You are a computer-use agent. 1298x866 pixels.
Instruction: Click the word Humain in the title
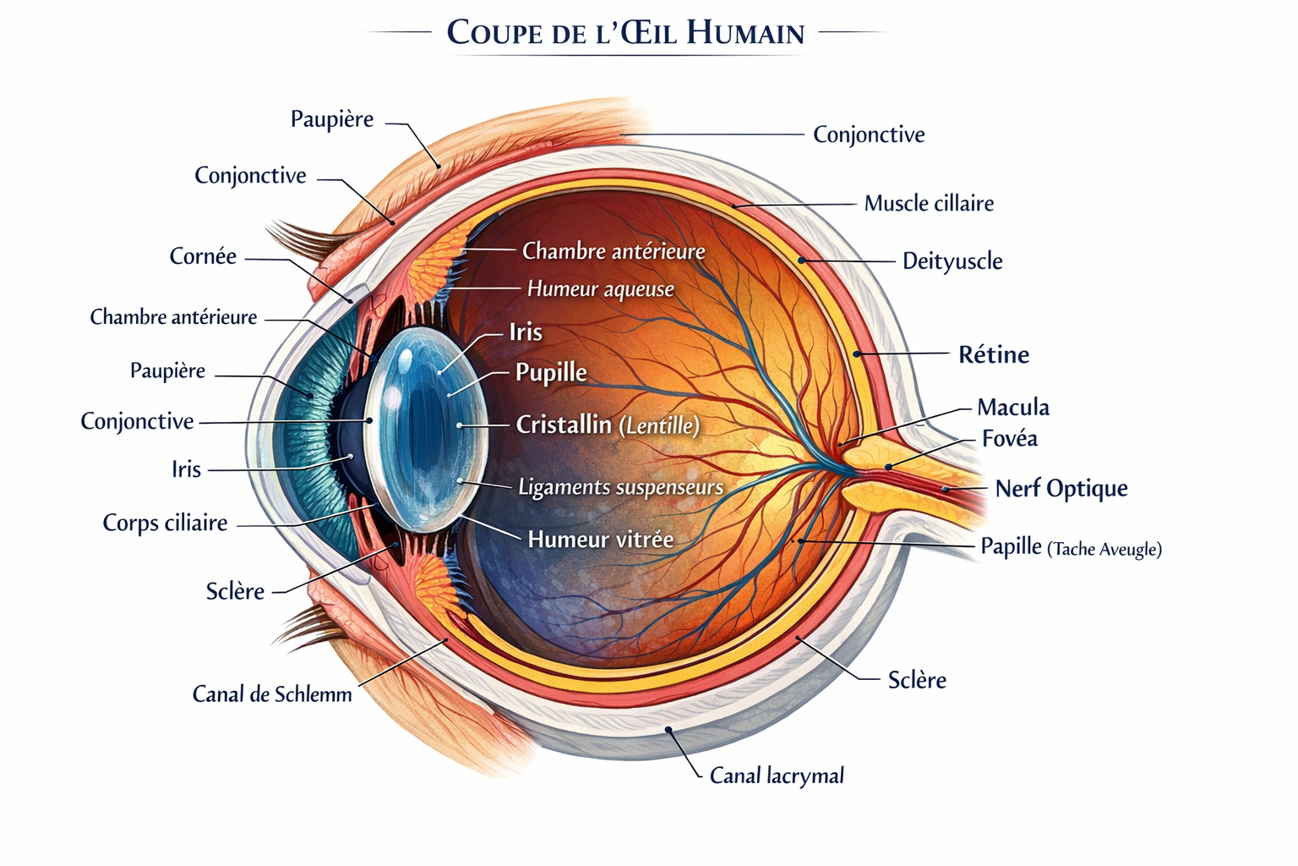(746, 32)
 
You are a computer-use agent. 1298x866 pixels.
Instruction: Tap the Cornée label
(203, 255)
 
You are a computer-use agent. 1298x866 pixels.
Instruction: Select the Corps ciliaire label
(165, 523)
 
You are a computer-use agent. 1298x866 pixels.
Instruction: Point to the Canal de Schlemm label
(272, 693)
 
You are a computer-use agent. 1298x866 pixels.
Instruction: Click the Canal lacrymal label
(777, 776)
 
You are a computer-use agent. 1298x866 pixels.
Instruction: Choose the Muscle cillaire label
(929, 203)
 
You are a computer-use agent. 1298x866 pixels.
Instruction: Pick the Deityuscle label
(952, 261)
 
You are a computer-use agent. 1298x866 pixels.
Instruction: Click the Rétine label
(994, 354)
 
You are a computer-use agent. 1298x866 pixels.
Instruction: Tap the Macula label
(1013, 407)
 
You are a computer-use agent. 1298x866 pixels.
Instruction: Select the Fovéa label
(1010, 439)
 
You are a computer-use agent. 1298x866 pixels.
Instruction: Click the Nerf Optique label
(1061, 489)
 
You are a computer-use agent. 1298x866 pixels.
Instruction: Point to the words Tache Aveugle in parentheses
(1104, 549)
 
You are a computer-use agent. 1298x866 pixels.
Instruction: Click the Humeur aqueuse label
(601, 289)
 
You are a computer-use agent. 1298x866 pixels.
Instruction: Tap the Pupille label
(551, 372)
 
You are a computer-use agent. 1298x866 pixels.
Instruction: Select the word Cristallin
(564, 425)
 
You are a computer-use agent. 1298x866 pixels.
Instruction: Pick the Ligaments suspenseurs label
(620, 486)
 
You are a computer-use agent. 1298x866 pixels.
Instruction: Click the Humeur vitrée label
(601, 540)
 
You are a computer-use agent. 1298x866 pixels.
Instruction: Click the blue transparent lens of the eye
(427, 430)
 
